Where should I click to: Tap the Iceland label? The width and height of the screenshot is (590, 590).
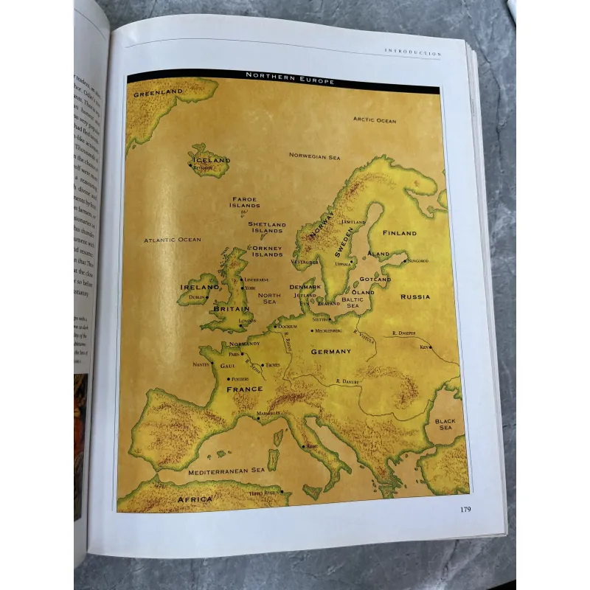211,159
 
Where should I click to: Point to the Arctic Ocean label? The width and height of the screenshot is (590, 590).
374,119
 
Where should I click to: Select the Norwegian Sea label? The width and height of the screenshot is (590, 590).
314,156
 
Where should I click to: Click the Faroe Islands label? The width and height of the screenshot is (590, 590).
244,201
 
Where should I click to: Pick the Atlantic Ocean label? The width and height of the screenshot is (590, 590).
172,240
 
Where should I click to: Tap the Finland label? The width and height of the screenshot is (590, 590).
399,233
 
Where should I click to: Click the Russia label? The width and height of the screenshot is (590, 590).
415,296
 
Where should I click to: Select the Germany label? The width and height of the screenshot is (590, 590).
330,352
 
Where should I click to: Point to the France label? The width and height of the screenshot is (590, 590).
244,389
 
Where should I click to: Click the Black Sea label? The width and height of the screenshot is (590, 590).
445,423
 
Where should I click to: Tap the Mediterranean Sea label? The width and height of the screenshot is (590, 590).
226,471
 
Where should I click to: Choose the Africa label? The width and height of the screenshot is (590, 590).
195,499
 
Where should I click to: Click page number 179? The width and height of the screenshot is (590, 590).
465,509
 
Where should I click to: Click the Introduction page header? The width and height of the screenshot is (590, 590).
412,52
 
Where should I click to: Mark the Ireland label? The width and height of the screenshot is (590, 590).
198,287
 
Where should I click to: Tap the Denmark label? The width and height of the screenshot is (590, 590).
305,286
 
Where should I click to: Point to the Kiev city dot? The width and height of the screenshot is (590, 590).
432,347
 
